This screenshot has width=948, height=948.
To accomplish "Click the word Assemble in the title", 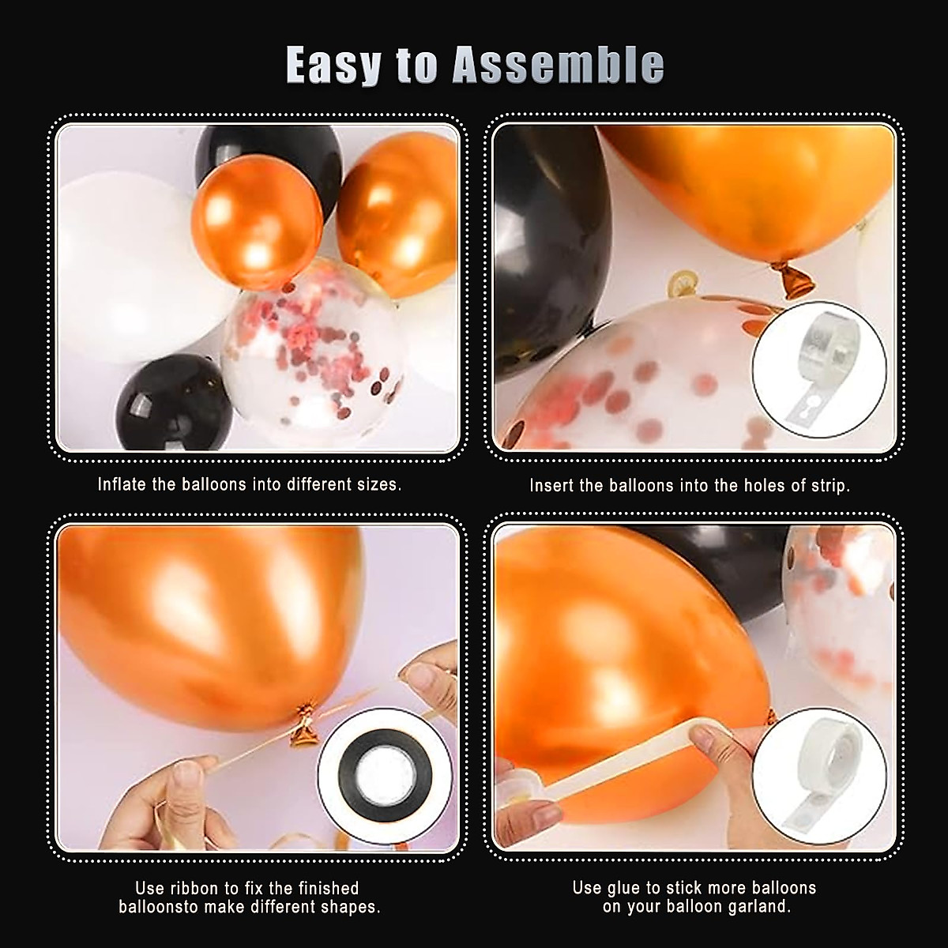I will pyautogui.click(x=558, y=65).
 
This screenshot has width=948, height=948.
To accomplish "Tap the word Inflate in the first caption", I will pyautogui.click(x=122, y=484).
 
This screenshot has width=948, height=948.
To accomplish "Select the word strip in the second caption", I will pyautogui.click(x=829, y=485).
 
